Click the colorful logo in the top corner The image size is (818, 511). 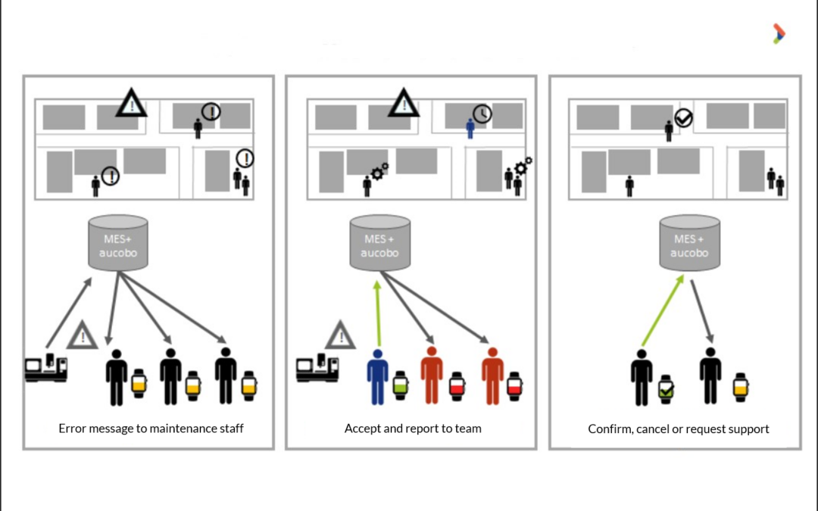779,33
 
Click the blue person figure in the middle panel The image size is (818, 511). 377,375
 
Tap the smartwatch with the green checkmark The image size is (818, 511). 665,389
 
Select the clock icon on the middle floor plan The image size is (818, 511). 482,114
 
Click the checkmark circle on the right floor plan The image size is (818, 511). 684,118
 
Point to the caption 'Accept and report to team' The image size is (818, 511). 413,428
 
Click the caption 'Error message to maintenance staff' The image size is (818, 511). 151,428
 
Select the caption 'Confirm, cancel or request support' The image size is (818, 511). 679,429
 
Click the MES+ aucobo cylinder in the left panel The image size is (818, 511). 118,242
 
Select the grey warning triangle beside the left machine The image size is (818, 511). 82,335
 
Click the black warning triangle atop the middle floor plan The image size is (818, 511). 403,104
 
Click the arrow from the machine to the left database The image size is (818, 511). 69,313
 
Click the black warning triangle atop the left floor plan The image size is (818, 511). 132,104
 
